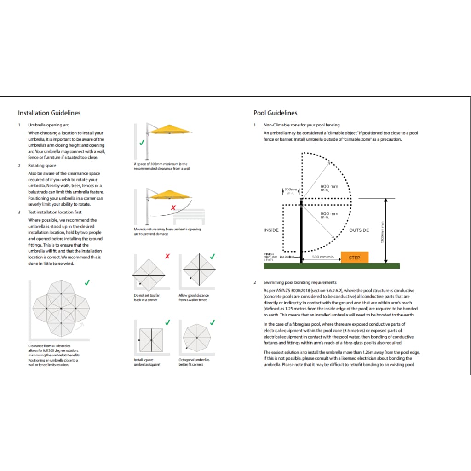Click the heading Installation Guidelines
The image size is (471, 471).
[49, 113]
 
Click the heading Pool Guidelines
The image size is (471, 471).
[276, 113]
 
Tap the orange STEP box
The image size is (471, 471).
[355, 258]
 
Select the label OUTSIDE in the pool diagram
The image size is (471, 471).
[359, 230]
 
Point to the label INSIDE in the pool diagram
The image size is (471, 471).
[271, 230]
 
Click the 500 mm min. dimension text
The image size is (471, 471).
[323, 257]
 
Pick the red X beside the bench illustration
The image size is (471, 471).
[173, 208]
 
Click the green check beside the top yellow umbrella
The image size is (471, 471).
[142, 143]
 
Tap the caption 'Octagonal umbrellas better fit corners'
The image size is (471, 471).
[194, 362]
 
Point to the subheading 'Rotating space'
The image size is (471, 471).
[42, 166]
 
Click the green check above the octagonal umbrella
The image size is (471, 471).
[213, 322]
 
